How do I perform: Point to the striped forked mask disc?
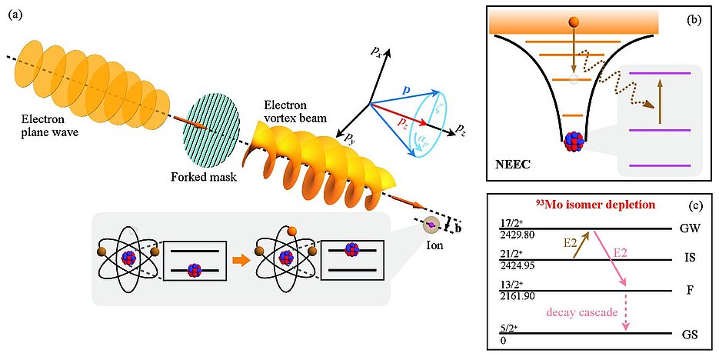pyautogui.click(x=210, y=128)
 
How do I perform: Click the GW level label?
pyautogui.click(x=689, y=229)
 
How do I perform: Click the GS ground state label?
pyautogui.click(x=689, y=336)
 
